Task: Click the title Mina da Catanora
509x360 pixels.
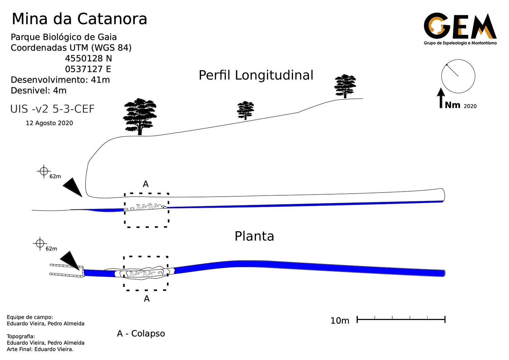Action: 79,19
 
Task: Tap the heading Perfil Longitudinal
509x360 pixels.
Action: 256,75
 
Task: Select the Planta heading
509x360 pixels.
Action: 254,236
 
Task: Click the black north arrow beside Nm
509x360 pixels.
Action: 441,98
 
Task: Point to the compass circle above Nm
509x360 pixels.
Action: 458,76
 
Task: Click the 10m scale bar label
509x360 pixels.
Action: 340,321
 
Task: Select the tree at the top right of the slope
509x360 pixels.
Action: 345,86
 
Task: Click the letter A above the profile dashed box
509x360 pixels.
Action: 146,184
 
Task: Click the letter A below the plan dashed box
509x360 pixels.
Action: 147,299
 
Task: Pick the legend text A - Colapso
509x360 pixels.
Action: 141,334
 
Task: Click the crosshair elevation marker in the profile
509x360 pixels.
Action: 44,171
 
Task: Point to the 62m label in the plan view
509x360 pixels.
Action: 51,249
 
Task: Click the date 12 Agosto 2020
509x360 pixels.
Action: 49,123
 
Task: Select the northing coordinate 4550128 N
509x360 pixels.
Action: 88,58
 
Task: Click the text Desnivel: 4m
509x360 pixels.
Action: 39,91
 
